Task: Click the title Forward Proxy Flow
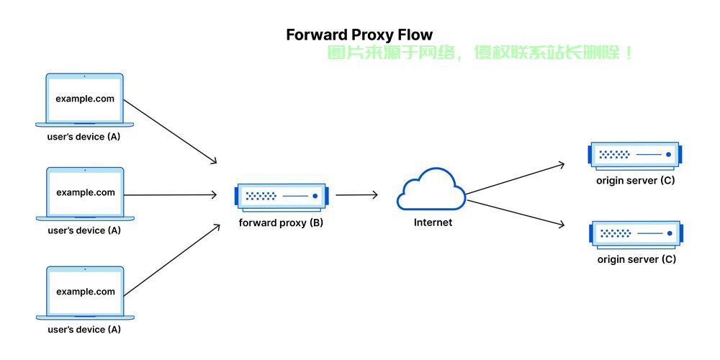(359, 35)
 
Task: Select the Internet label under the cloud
(433, 222)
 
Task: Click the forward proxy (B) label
(281, 223)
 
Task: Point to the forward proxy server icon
(282, 197)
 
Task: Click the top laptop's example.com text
(85, 99)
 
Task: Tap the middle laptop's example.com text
(86, 193)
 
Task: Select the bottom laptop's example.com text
(86, 292)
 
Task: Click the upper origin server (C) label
(636, 181)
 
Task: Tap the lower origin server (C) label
(636, 260)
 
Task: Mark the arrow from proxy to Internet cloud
(357, 195)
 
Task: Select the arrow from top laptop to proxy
(170, 132)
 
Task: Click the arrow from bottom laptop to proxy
(172, 260)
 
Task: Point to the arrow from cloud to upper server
(516, 179)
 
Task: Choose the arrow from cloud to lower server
(516, 213)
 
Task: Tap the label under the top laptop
(84, 137)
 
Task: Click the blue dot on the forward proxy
(315, 196)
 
